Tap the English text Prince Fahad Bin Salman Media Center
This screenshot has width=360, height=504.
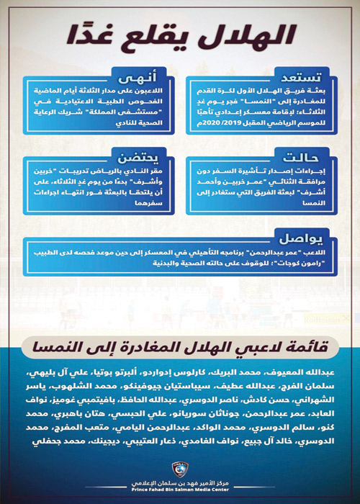pos(180,493)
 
